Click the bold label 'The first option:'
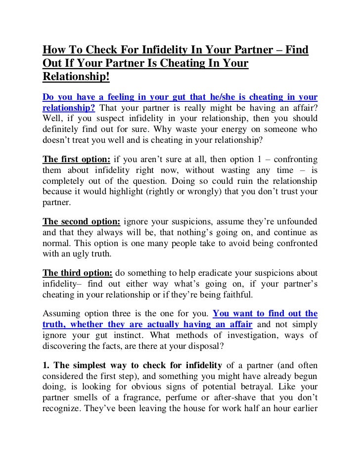click(x=77, y=159)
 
